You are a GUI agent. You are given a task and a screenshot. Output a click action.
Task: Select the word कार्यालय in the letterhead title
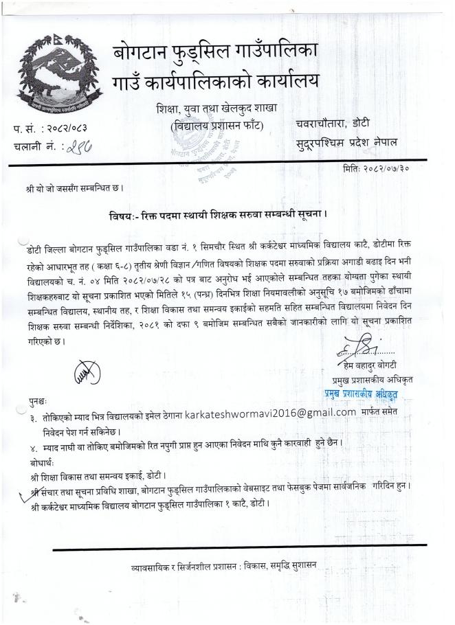click(x=279, y=82)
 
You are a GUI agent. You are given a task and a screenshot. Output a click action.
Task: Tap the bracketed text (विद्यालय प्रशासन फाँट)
click(x=218, y=126)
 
